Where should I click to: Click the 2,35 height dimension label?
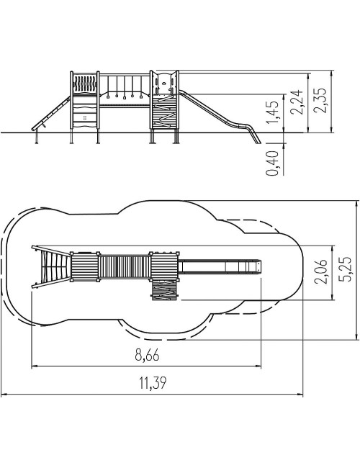pos(320,100)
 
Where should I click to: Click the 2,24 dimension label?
pos(297,102)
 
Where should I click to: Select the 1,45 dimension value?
pos(273,112)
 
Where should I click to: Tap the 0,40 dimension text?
pos(272,163)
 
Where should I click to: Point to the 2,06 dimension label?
pos(321,271)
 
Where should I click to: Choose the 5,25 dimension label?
pos(346,269)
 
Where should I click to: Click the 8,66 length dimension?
pos(147,355)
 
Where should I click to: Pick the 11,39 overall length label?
pos(153,383)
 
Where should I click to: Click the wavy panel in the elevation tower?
pos(85,84)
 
